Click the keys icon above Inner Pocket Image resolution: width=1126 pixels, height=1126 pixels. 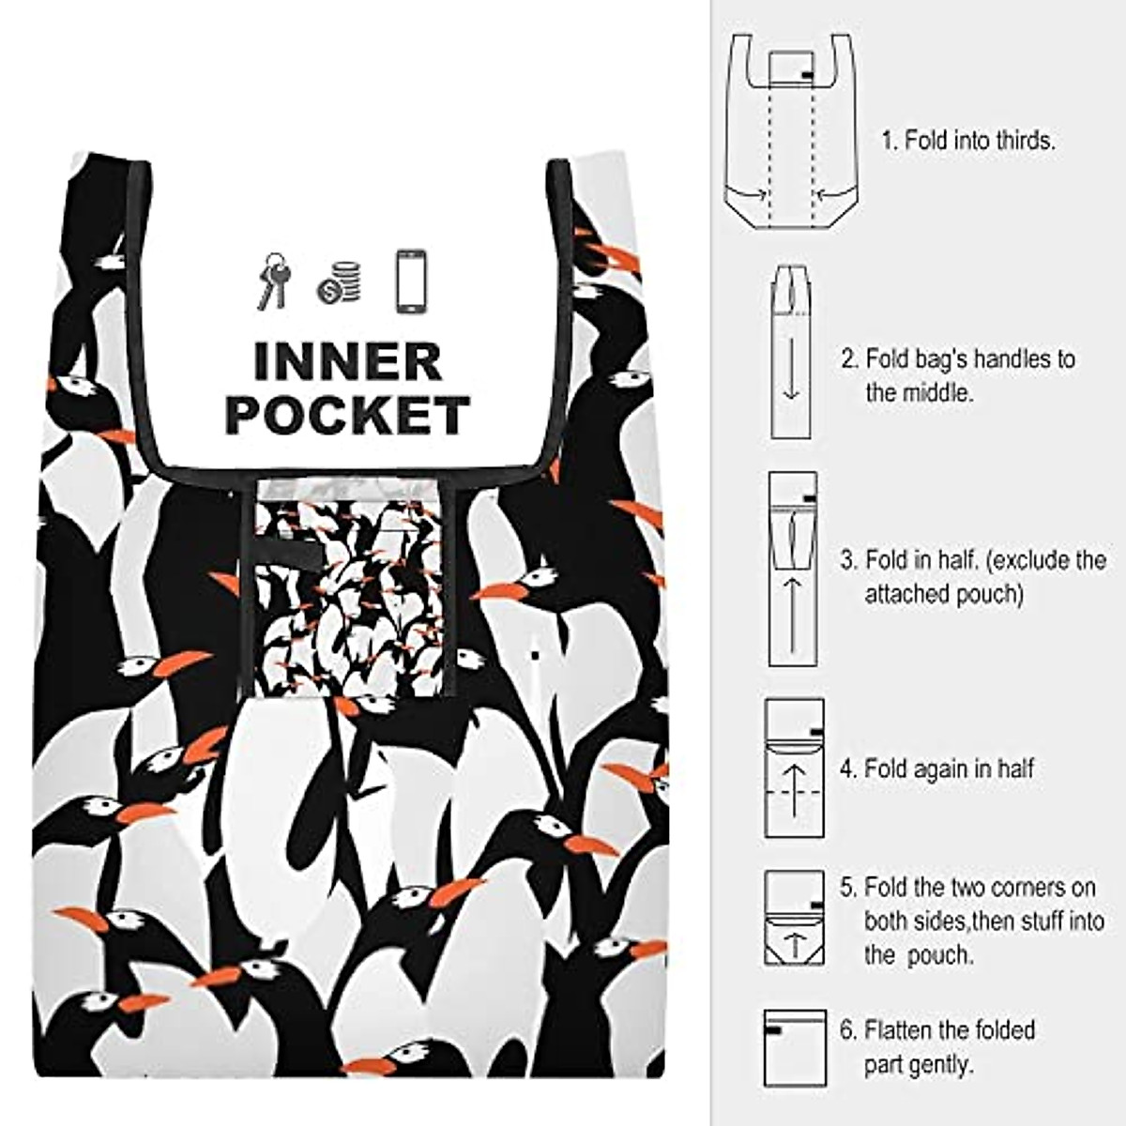(274, 281)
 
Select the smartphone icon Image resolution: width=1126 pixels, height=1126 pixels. (411, 281)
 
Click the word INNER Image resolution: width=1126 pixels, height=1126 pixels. (347, 362)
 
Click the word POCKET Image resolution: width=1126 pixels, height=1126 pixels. (347, 416)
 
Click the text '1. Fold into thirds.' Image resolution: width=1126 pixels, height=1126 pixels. (968, 142)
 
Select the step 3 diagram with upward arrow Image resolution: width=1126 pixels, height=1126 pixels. (793, 569)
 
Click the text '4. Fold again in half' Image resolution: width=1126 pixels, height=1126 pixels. (936, 769)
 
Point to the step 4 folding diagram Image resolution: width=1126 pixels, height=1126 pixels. (795, 768)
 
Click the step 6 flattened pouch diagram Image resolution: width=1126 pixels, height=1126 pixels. (795, 1048)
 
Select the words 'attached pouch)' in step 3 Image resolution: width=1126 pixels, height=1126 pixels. (942, 595)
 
